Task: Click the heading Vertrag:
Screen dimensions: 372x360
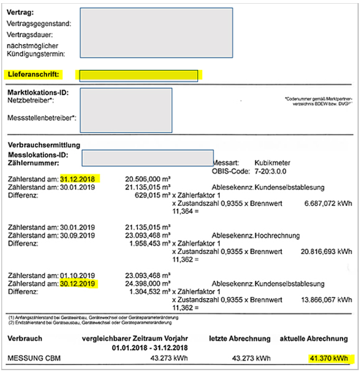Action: pos(20,12)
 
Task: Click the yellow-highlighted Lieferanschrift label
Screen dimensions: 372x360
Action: pos(34,74)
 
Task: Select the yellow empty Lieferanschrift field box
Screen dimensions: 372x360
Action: pos(138,76)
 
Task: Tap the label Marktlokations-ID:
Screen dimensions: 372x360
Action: pos(38,92)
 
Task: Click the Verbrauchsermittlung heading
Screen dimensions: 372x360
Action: pos(43,144)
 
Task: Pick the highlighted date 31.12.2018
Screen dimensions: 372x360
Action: pos(80,178)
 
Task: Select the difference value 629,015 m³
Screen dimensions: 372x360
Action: pos(153,195)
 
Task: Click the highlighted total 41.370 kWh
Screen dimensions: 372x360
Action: pos(329,358)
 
